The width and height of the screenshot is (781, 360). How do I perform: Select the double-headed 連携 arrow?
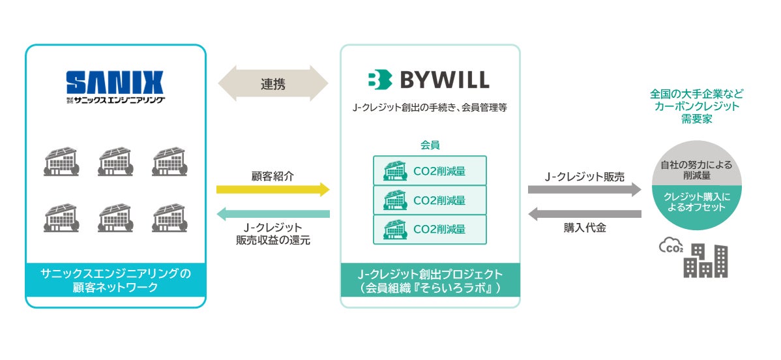coord(273,83)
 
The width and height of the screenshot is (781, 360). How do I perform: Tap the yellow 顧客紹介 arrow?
coord(273,190)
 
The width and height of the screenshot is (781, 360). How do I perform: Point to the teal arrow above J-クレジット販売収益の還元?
coord(273,213)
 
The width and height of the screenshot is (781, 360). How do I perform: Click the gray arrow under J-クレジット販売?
coord(585,190)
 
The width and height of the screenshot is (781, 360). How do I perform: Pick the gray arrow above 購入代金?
coord(585,213)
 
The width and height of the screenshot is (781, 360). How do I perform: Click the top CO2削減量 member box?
coord(430,170)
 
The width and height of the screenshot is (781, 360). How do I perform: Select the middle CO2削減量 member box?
coord(430,200)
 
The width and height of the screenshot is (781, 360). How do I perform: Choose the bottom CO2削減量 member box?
coord(430,230)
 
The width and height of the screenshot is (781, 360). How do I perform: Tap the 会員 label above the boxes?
coord(430,145)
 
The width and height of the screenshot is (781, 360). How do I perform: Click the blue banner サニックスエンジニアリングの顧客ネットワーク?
coord(115,280)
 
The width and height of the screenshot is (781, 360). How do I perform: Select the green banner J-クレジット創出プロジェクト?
coord(430,280)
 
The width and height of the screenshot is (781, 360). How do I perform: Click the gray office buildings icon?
coord(705,261)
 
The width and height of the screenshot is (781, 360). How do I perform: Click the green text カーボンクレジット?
coord(697,106)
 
